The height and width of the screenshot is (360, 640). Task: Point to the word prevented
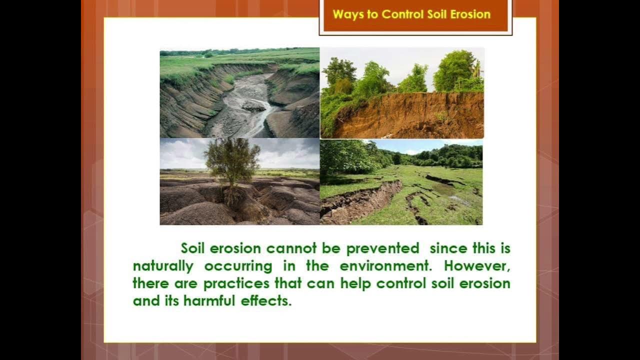pos(382,248)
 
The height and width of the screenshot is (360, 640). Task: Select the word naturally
pos(162,266)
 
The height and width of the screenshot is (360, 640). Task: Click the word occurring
pos(238,266)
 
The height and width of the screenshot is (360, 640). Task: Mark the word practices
pos(237,283)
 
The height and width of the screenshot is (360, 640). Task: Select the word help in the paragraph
pos(356,283)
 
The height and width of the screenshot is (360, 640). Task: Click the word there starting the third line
pos(150,283)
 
